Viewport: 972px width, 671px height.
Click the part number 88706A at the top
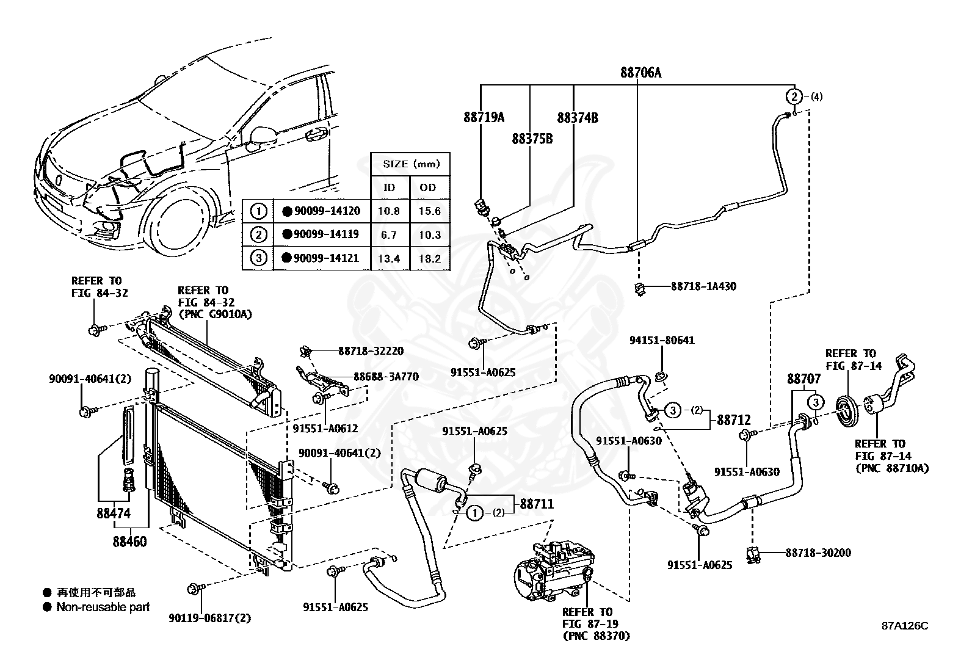click(640, 73)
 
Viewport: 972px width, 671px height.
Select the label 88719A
click(484, 117)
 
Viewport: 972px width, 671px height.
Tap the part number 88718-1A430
click(703, 286)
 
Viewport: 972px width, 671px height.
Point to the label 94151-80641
click(662, 340)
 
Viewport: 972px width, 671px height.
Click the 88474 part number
click(113, 513)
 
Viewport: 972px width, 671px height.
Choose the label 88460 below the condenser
click(130, 542)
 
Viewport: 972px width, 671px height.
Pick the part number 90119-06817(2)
click(210, 618)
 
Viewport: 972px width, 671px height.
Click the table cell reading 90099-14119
click(326, 234)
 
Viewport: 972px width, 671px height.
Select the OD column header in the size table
click(428, 187)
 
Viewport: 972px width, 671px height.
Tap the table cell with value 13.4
click(388, 259)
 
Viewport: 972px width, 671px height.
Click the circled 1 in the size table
click(259, 211)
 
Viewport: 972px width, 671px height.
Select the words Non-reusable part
click(103, 607)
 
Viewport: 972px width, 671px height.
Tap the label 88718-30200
click(818, 553)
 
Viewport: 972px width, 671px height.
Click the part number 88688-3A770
click(386, 377)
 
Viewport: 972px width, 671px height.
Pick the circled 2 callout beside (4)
click(794, 96)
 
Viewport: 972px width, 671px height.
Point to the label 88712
click(734, 420)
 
